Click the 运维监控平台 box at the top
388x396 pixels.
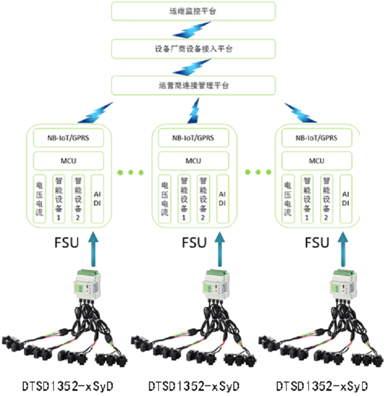pos(193,11)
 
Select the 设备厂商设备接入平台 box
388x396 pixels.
pos(193,49)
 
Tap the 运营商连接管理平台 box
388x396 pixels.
pos(193,85)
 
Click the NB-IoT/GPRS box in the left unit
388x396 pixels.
pos(68,138)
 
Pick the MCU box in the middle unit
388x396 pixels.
pos(193,161)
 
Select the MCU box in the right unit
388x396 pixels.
pos(317,161)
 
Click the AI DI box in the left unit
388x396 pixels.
pos(97,199)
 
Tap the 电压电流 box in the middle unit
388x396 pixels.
pos(165,199)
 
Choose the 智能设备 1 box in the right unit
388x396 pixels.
pos(307,199)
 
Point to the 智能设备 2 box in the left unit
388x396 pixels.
pos(78,199)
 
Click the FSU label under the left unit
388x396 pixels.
pos(67,242)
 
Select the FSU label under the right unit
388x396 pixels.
pos(317,242)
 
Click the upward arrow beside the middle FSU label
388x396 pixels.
pos(220,249)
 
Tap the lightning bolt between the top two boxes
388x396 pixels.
pos(192,30)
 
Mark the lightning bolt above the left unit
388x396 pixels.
pos(96,113)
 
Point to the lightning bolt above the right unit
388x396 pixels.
pos(300,113)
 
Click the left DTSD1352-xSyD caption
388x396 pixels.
pos(68,386)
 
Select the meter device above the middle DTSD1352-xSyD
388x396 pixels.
pos(216,284)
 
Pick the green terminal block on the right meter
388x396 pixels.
pos(344,273)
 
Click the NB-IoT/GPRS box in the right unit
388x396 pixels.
pos(317,138)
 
